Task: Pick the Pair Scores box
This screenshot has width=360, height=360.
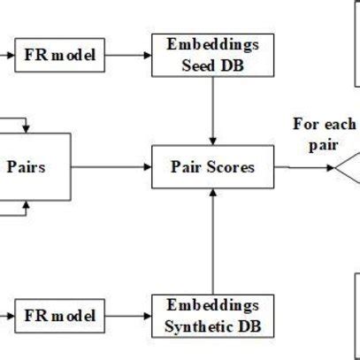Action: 213,166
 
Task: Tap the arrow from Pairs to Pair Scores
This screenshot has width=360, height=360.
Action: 111,165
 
